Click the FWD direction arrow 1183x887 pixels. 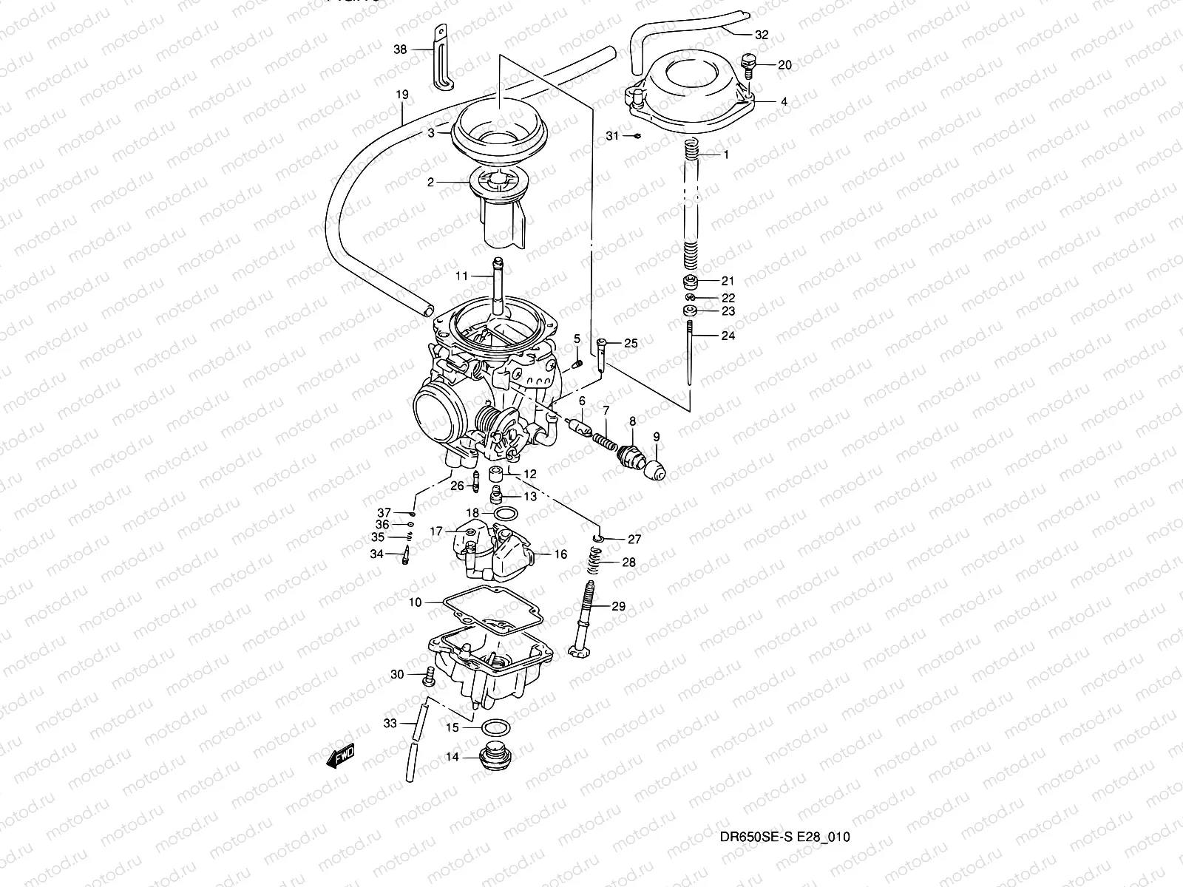pos(341,757)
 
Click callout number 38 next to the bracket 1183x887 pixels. pos(400,50)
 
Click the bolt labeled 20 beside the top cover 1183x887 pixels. pos(750,66)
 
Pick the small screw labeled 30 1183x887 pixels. pos(428,675)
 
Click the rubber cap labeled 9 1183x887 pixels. pos(656,468)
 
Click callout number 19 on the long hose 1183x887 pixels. pos(402,95)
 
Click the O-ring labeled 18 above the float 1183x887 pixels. pos(505,514)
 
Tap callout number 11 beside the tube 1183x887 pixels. pos(461,276)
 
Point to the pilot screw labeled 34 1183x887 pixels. pos(405,554)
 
